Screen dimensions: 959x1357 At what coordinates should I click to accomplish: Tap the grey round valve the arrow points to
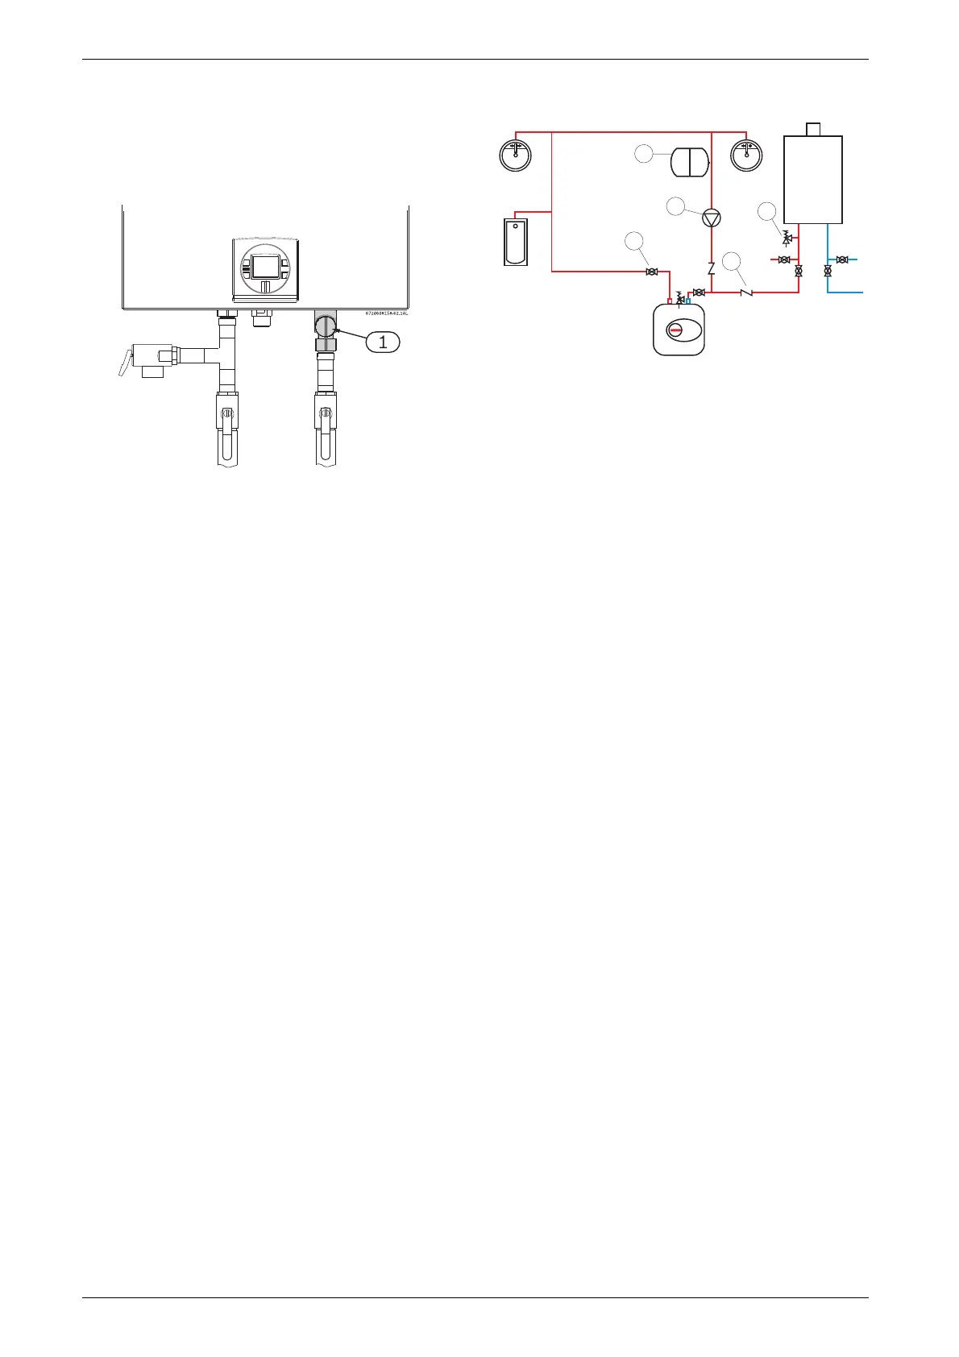coord(326,326)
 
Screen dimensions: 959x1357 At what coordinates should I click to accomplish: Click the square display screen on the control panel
coord(265,266)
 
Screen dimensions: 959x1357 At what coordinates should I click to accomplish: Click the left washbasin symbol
coord(515,154)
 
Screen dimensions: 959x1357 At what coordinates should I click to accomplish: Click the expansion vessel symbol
coord(690,160)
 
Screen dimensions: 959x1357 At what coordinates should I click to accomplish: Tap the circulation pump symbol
coord(711,218)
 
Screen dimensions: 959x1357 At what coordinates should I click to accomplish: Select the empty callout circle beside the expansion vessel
coord(643,154)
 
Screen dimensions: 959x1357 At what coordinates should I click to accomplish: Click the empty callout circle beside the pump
coord(676,207)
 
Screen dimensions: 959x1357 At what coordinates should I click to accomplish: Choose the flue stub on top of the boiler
coord(813,129)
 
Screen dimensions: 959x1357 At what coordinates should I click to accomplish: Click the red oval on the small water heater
coord(679,330)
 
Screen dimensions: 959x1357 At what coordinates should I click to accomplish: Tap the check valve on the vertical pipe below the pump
coord(711,268)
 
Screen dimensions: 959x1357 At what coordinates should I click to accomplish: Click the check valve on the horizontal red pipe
coord(746,292)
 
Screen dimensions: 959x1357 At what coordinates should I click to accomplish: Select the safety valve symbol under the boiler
coord(787,239)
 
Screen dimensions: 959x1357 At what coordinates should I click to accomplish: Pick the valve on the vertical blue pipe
coord(828,272)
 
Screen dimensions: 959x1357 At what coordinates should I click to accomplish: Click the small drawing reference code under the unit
coord(387,312)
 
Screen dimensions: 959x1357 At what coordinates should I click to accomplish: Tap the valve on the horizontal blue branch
coord(842,259)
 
